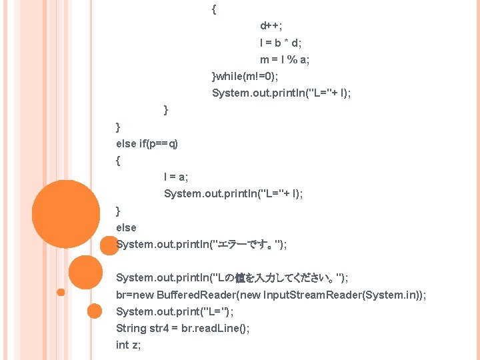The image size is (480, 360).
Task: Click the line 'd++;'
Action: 271,26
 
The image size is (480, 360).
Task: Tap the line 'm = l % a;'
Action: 285,60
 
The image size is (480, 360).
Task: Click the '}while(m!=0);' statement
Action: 245,76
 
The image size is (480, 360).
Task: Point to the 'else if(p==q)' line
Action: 147,143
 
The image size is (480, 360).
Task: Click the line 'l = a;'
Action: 176,177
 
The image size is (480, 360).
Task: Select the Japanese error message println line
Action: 201,244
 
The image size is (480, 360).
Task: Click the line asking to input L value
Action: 232,277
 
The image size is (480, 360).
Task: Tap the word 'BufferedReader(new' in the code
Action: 209,294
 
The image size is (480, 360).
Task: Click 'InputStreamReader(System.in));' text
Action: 345,294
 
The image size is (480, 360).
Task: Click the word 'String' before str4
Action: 131,328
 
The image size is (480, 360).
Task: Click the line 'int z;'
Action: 128,345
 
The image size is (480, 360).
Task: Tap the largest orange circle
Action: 65,213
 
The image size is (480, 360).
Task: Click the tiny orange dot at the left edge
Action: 61,292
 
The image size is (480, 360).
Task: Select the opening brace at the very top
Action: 213,9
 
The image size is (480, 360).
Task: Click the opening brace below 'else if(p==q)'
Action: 118,160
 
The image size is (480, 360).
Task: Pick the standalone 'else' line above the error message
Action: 126,227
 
